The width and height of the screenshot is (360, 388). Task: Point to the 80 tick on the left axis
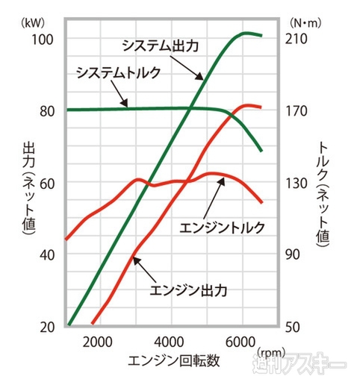pyautogui.click(x=46, y=110)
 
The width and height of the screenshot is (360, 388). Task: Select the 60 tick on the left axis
pyautogui.click(x=46, y=183)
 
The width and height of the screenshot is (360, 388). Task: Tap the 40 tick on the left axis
pyautogui.click(x=46, y=254)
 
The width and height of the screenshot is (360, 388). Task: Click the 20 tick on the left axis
pyautogui.click(x=46, y=327)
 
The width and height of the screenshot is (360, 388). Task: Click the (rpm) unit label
pyautogui.click(x=270, y=351)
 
